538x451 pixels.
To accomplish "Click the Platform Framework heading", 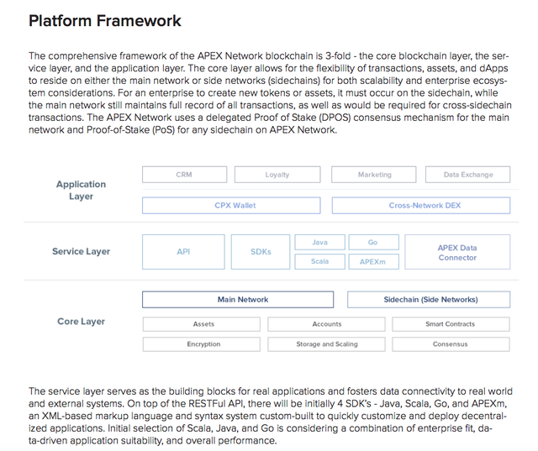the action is coord(104,21).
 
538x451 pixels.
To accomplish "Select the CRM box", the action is coord(185,175).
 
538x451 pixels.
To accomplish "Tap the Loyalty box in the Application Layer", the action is coord(277,175).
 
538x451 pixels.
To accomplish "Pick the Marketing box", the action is coord(373,175).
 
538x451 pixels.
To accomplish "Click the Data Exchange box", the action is coord(467,175).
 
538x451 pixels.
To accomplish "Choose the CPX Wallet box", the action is coord(231,205).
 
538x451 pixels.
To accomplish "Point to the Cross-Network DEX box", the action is coord(421,205).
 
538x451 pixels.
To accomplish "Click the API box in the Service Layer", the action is coord(183,252).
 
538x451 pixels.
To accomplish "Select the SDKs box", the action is coord(261,252).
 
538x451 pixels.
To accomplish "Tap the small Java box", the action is coord(319,242).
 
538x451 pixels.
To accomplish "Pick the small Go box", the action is coord(373,242).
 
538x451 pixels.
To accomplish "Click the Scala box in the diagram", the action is coord(319,261).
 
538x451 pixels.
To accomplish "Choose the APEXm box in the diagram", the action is coord(373,261).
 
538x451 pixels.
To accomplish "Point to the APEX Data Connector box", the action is coord(457,252).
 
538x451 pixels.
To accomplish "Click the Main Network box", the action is coord(238,300).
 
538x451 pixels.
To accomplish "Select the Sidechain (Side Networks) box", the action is coord(429,300).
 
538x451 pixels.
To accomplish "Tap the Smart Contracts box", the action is coord(451,324).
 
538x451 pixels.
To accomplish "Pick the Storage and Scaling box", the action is coord(326,344).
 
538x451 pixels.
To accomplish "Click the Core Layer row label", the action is coord(81,322).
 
